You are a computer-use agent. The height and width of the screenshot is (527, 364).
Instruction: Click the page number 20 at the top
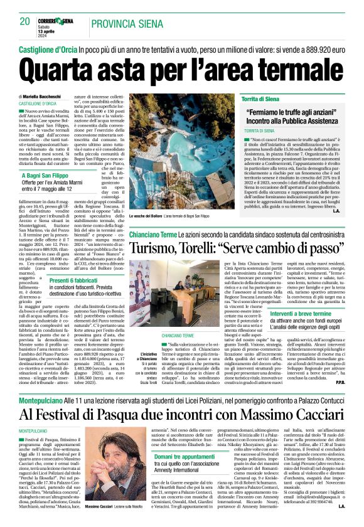point(24,21)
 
